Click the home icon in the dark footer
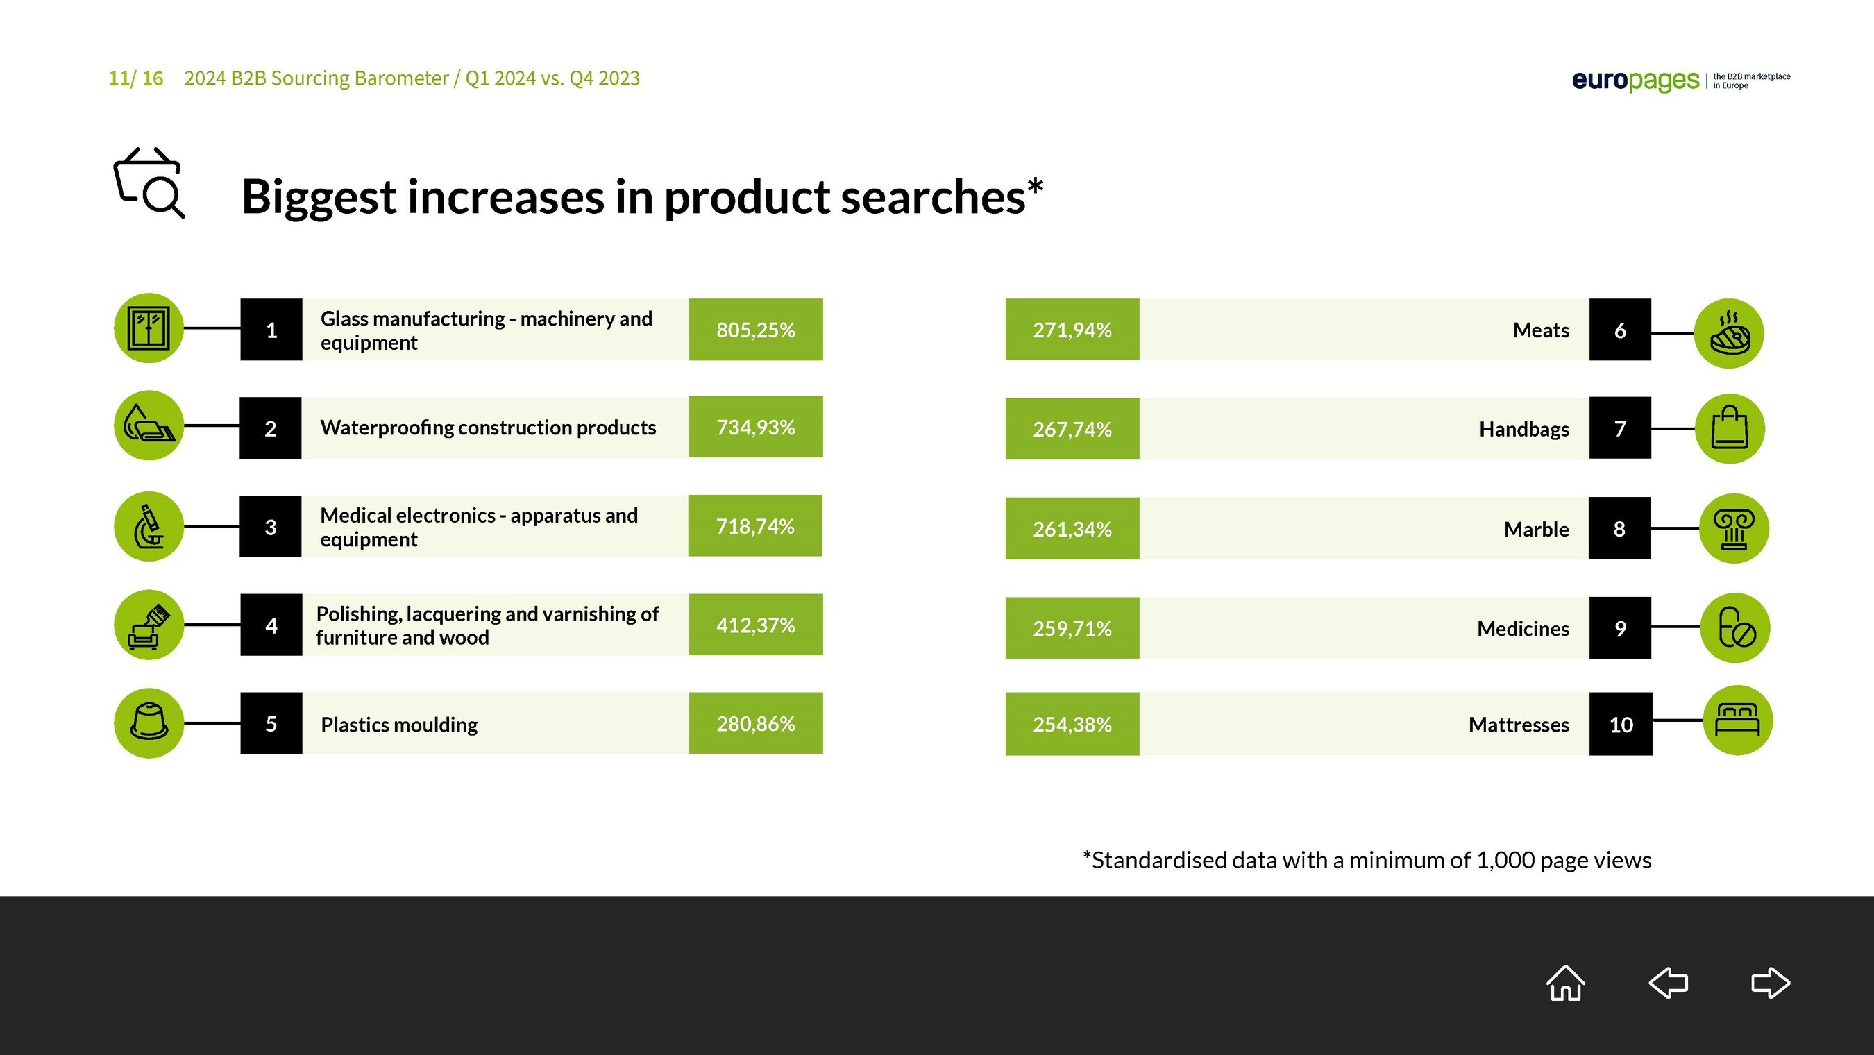click(1566, 983)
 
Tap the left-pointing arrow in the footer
click(1668, 983)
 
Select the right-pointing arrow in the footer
click(1770, 983)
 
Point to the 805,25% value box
click(756, 330)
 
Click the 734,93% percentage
click(756, 427)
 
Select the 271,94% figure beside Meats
click(1072, 330)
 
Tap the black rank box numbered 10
click(1621, 724)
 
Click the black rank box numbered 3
click(271, 527)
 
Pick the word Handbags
click(1524, 429)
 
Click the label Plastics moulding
click(398, 725)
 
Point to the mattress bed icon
click(1737, 720)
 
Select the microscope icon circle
click(149, 526)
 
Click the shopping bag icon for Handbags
click(1730, 428)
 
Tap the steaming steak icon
click(1729, 333)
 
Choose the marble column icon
click(1734, 528)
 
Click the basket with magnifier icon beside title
click(149, 183)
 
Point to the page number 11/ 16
click(136, 78)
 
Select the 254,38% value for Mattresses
click(1072, 725)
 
